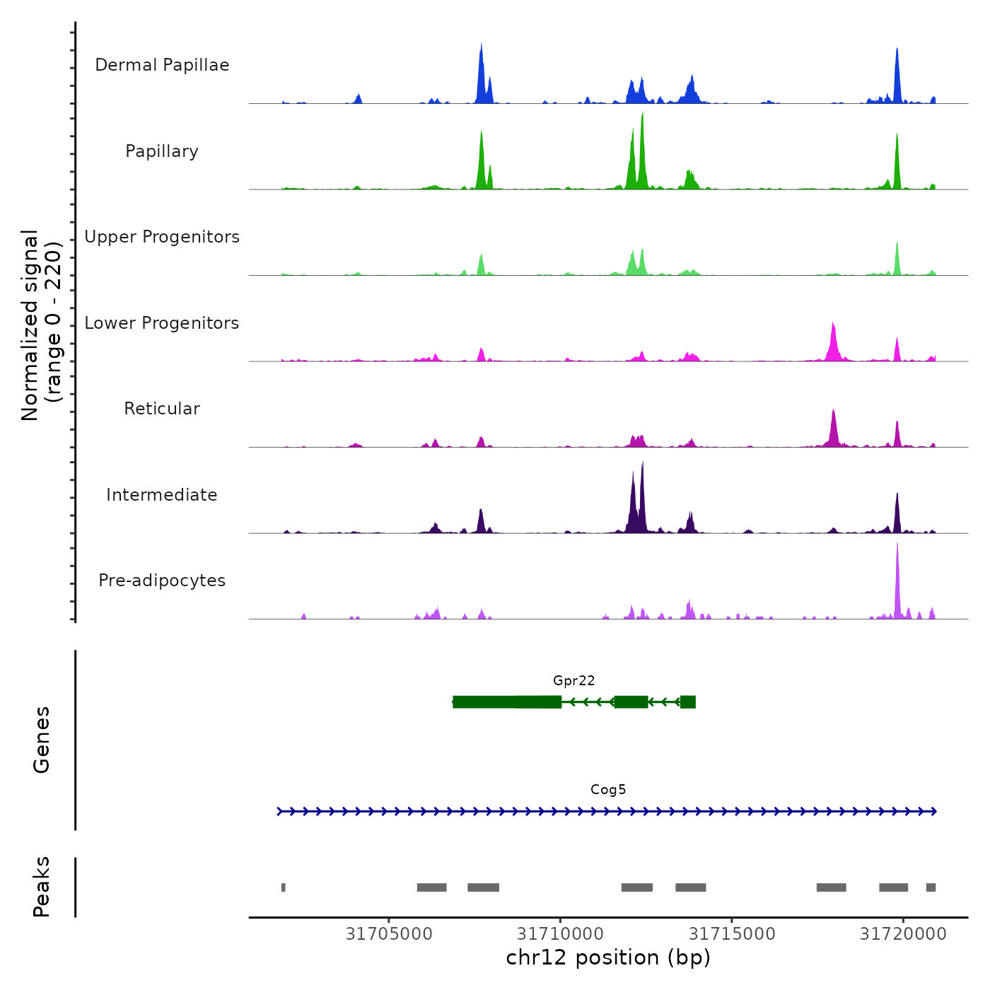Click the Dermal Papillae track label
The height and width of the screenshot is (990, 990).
point(162,65)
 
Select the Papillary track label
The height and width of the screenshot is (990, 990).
point(162,151)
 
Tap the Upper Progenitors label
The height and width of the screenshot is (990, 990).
point(162,237)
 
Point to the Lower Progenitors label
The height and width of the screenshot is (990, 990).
point(162,323)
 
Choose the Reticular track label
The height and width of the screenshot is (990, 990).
point(162,409)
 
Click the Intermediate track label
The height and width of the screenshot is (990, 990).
point(162,495)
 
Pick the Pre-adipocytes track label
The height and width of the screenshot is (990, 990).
point(162,581)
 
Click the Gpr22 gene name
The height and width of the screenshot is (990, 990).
point(573,680)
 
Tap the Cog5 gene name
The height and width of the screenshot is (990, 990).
point(608,789)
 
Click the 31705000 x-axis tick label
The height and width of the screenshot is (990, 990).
point(389,933)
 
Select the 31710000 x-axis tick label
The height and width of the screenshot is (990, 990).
point(561,933)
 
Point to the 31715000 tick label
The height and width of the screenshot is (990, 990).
point(732,933)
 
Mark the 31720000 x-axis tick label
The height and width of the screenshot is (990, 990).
point(903,933)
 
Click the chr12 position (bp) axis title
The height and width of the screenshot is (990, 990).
point(608,957)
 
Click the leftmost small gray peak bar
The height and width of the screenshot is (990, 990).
point(284,887)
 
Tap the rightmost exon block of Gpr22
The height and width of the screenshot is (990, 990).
point(688,701)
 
